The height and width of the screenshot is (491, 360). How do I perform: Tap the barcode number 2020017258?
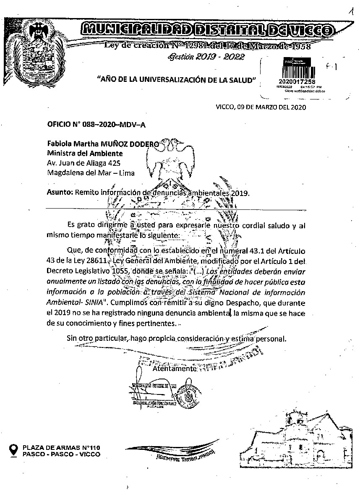[x=296, y=81]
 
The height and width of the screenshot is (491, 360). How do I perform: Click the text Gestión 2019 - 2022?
[x=206, y=57]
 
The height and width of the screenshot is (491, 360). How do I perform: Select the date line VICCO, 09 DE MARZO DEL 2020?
[x=261, y=107]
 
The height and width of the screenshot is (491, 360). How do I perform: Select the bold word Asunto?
[x=60, y=193]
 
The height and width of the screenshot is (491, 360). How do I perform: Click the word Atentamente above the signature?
[x=174, y=369]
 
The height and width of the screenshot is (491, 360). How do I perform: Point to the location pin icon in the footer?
[x=14, y=450]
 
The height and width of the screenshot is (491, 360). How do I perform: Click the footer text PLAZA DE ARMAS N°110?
[x=61, y=447]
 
